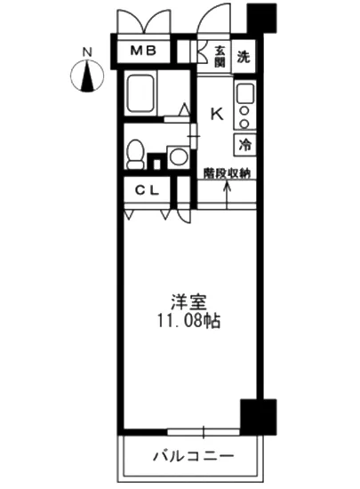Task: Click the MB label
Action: pos(144,51)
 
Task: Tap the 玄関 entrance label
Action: pos(219,54)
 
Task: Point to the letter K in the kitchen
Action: pos(215,113)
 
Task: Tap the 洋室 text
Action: pos(185,301)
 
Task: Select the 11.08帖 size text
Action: pos(185,320)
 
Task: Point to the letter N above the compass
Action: pos(86,52)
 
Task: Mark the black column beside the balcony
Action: pos(253,414)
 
